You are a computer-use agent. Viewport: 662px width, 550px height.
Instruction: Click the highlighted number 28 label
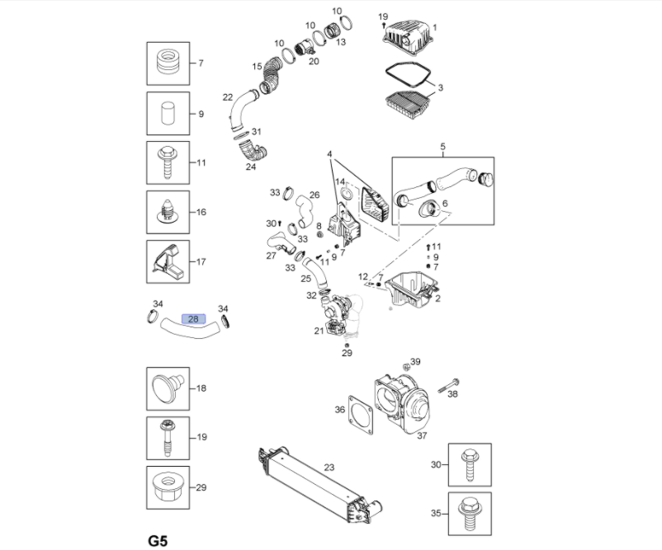tap(193, 319)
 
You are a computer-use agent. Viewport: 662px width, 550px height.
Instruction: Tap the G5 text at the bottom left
tap(158, 541)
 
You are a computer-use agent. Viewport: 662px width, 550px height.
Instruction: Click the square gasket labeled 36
tap(360, 415)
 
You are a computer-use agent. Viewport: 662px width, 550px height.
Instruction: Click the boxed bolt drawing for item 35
tap(470, 513)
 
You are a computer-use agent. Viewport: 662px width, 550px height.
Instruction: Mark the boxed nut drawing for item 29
tap(168, 487)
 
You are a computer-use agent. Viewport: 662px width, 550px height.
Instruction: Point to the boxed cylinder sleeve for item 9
tap(168, 113)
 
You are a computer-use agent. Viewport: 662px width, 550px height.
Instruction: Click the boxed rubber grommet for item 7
tap(168, 64)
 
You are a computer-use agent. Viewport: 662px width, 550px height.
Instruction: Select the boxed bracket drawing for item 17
tap(168, 262)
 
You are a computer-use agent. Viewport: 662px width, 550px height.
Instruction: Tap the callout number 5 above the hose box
tap(443, 146)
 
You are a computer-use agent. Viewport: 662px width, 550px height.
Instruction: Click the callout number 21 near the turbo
tap(319, 331)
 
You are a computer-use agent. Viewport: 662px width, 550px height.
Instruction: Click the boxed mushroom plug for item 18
tap(168, 389)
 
